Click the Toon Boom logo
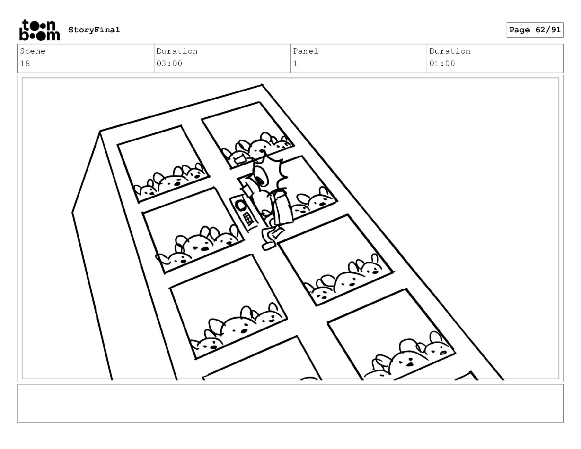pos(40,30)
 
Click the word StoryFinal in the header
pos(94,30)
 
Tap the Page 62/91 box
pos(535,30)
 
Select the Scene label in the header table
pos(33,51)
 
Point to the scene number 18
pos(25,64)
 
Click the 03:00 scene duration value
pos(169,64)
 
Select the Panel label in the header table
pos(306,51)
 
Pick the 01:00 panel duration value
pos(442,64)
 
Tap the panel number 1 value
pos(295,64)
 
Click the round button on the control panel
pos(240,206)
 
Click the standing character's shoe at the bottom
pos(269,245)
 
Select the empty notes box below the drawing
pos(290,404)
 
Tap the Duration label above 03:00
pos(177,51)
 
